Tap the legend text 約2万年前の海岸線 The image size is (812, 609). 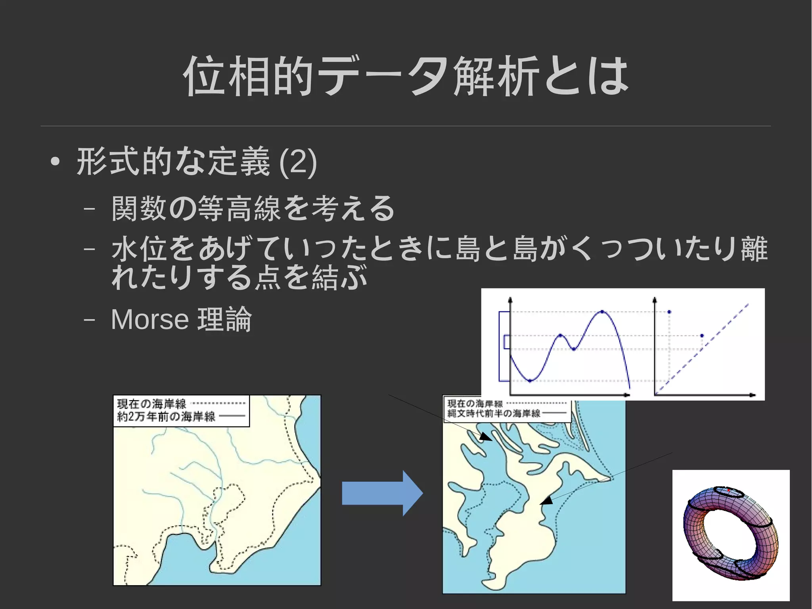[166, 417]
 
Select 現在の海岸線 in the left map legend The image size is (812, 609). [151, 404]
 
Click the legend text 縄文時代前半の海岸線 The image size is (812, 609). [494, 413]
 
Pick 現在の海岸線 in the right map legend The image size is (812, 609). [475, 403]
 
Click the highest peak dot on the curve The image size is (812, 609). [602, 312]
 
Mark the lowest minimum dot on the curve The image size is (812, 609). [530, 381]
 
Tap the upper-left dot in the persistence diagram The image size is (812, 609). [669, 312]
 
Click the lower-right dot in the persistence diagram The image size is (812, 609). [702, 336]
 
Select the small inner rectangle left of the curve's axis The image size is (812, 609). [506, 342]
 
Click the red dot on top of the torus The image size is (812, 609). [729, 490]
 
